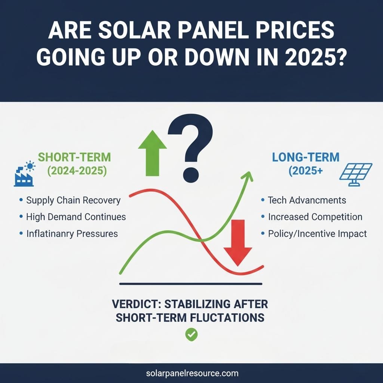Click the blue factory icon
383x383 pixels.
click(24, 175)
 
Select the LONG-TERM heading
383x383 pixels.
click(306, 157)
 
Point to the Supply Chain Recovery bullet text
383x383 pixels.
click(73, 200)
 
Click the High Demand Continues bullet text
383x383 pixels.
click(76, 217)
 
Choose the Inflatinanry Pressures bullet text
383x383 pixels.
click(72, 234)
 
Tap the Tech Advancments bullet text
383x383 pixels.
click(307, 200)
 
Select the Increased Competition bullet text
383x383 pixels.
click(315, 217)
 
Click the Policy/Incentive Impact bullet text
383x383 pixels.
click(317, 234)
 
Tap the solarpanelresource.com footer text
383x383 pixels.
click(191, 373)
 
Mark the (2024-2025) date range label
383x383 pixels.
click(77, 172)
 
